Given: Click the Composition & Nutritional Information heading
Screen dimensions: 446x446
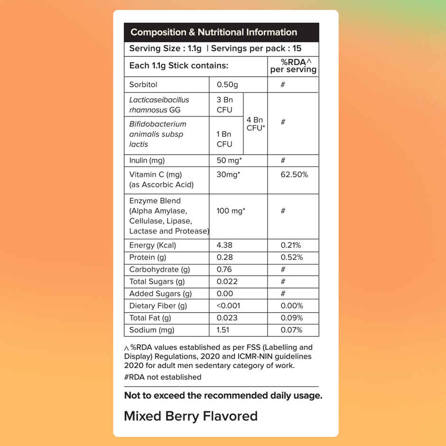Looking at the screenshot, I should (214, 32).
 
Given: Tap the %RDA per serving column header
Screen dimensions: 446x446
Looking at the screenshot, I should (293, 66).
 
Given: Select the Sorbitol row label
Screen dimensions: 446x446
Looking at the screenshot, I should (143, 84).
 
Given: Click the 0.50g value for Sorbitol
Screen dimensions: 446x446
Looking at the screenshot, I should (227, 84).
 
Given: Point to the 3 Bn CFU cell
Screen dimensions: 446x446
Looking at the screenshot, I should (224, 105).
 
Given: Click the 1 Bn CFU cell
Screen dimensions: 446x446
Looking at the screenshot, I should (224, 139).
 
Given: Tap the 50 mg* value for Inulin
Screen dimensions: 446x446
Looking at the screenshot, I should (230, 160).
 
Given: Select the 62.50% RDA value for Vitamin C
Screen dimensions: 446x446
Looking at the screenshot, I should (294, 175).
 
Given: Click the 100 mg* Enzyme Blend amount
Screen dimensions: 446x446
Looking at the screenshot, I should (231, 211).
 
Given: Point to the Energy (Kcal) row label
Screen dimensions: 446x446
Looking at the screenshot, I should (152, 245).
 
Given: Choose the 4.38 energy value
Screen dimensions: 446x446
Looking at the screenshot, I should (225, 245).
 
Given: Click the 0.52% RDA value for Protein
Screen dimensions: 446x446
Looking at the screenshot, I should (292, 257).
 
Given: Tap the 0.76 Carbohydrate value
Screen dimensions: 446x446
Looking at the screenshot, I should (225, 269).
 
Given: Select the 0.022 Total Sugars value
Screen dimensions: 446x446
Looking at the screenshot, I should (227, 281).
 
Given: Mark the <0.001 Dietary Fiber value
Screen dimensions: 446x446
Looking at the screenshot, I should (229, 306).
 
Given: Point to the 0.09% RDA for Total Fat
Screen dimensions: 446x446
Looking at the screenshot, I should (292, 318).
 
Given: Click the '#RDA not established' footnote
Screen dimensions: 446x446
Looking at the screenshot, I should (163, 377).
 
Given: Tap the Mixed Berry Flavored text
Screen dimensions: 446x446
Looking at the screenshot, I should (191, 416).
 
